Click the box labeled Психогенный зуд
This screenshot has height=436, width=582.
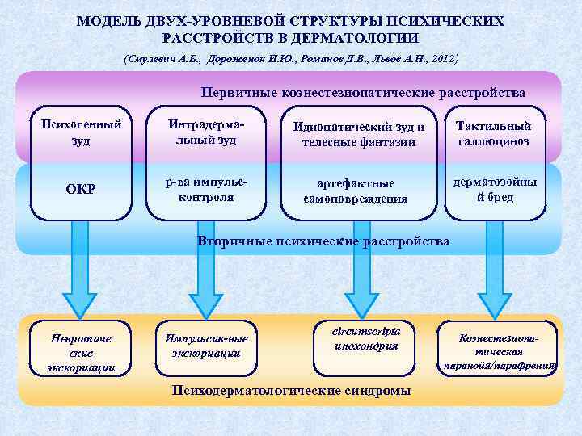(82, 132)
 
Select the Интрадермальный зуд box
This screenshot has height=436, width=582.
(205, 132)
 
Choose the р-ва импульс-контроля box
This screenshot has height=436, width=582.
(205, 190)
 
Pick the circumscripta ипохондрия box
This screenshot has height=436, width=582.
(365, 339)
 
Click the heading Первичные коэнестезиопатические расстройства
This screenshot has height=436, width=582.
(364, 93)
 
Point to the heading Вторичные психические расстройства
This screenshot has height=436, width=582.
(323, 241)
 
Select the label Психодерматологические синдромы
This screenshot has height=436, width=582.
(291, 390)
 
